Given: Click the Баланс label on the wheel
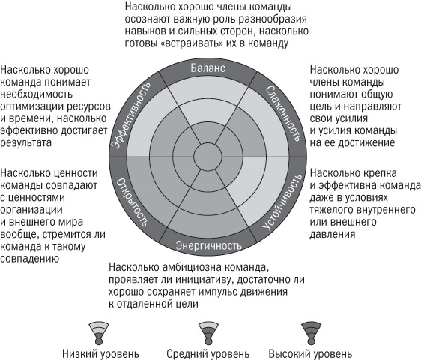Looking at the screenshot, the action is point(208,68).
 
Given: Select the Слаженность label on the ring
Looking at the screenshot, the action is point(283,114).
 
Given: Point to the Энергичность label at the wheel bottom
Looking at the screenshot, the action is point(208,245).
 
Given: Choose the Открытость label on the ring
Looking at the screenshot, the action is point(132,202).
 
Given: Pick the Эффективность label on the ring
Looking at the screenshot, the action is point(131,115).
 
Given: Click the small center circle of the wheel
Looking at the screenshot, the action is point(208,157).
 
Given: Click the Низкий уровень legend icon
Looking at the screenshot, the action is point(99,333).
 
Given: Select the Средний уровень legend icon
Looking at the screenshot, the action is point(208,333).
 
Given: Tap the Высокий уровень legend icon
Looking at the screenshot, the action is point(311,333).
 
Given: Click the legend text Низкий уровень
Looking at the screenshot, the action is point(100,353).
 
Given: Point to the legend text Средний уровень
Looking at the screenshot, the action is point(208,353).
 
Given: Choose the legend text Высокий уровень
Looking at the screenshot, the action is point(310,353).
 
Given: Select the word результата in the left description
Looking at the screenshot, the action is point(25,143).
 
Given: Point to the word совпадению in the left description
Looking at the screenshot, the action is point(29,259).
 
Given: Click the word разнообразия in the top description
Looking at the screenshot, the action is point(273,19).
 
